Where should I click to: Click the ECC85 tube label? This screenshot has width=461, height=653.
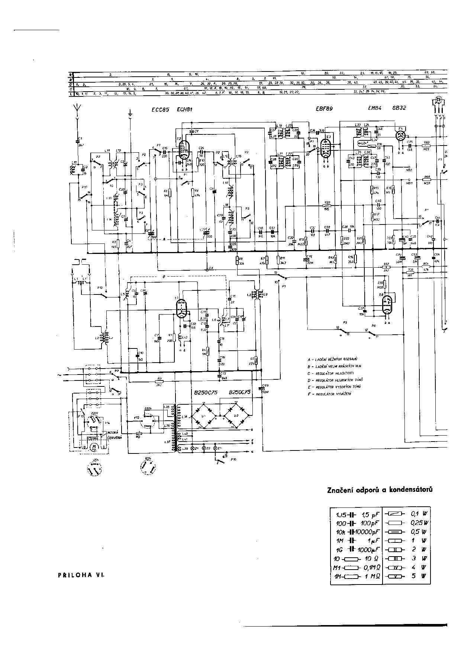click(158, 109)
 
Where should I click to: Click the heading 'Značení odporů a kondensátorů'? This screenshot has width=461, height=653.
click(380, 490)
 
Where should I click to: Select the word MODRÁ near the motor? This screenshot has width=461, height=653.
click(113, 433)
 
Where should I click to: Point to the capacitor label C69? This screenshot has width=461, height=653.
click(265, 385)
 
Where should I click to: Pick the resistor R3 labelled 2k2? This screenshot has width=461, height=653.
click(159, 382)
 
